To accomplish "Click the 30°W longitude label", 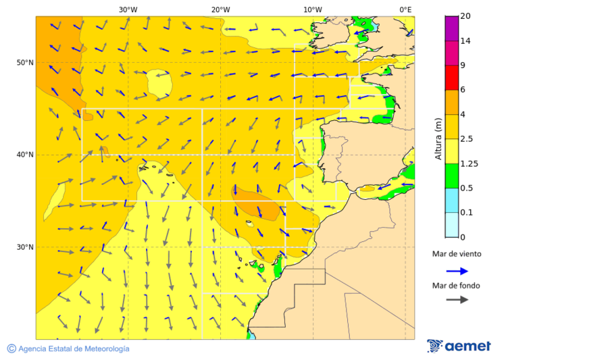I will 128,9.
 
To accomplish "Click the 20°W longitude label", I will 220,9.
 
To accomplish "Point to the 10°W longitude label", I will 312,9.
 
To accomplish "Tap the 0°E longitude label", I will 405,9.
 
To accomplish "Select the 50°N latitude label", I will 25,63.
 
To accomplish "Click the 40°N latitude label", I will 25,155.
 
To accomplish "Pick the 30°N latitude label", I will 25,247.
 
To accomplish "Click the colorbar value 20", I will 465,16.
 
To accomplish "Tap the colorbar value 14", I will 465,41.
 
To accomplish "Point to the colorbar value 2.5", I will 466,139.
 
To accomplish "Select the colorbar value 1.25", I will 468,163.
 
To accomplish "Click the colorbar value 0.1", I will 466,213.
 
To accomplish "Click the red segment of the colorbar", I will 451,78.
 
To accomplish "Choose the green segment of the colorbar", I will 451,176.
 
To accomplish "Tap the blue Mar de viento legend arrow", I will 457,271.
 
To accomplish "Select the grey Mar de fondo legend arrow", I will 457,299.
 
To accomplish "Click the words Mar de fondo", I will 456,286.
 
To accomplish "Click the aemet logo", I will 459,346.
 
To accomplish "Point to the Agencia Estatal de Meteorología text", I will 73,349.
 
